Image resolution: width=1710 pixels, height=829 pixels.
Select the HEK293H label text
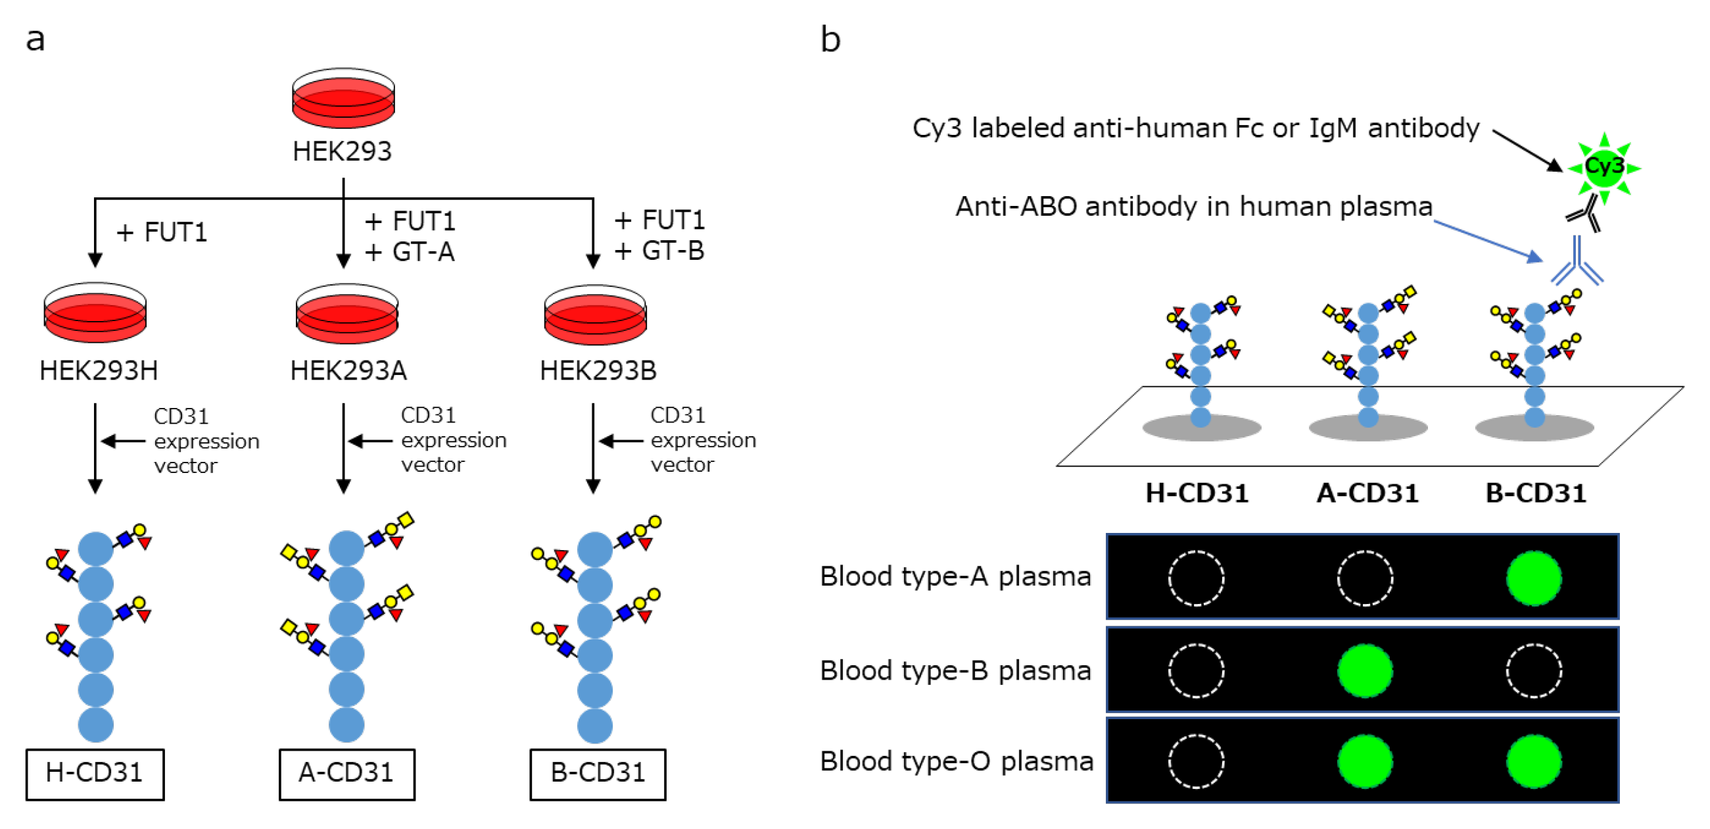pos(99,370)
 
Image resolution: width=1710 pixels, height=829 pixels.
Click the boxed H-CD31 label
pos(95,773)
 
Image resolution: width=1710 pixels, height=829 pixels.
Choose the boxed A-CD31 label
pos(346,773)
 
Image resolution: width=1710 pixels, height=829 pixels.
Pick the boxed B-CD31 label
pos(598,773)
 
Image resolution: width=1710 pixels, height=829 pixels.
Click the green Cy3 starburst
pos(1603,166)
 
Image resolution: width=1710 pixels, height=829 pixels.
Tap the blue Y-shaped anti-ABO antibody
pos(1577,263)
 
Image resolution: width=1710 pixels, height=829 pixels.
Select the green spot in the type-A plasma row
pos(1533,578)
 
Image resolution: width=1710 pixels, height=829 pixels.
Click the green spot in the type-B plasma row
pos(1365,671)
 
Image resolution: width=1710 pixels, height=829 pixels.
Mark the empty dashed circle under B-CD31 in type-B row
pos(1533,671)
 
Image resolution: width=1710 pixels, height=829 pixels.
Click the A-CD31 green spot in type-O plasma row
pos(1365,761)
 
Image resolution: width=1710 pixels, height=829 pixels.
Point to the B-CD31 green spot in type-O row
pos(1533,761)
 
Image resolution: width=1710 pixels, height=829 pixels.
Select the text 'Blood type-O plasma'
pos(956,761)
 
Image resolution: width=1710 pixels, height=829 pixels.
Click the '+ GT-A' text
pos(410,253)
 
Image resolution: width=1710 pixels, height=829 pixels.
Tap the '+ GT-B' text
pos(659,251)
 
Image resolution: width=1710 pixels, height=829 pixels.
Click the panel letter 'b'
pos(830,40)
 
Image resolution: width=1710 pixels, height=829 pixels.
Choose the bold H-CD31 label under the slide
pos(1197,493)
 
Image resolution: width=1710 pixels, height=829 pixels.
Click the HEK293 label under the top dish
pos(342,151)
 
